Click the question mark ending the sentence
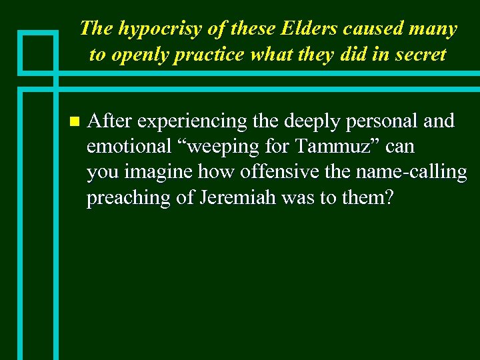[389, 198]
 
